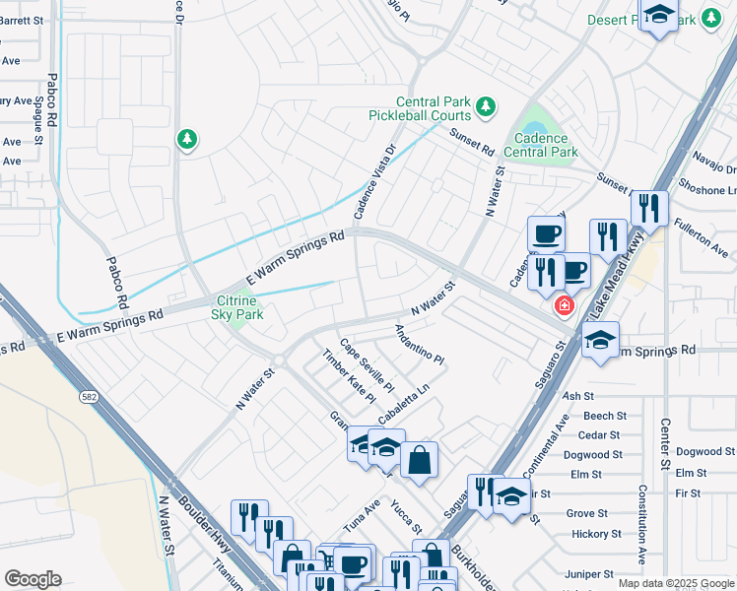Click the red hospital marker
pos(564,305)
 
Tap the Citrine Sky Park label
pos(236,306)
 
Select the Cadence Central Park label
pos(540,145)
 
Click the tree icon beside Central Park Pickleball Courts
pos(484,105)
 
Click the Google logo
pos(33,579)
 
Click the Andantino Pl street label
pos(421,344)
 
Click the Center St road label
pos(665,443)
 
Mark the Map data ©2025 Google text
pos(675,583)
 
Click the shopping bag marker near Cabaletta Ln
pos(419,459)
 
